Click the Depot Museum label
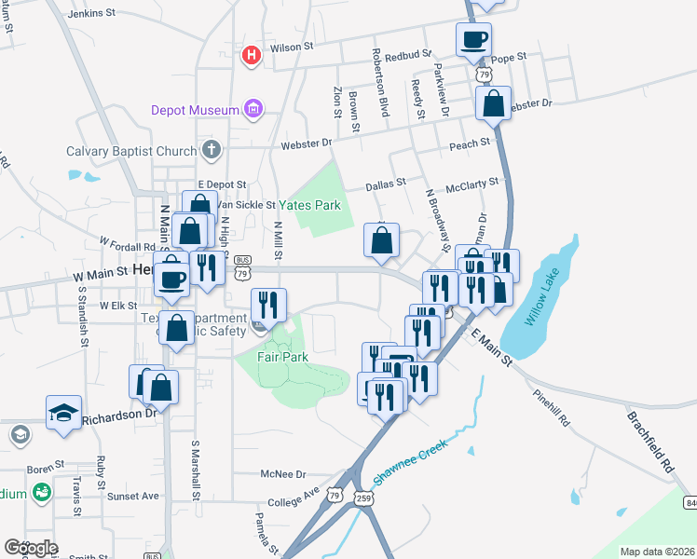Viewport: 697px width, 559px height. (196, 110)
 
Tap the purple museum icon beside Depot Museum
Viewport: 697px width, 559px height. (253, 110)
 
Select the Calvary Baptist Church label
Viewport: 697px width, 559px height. (131, 151)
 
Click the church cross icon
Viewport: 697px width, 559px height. (212, 150)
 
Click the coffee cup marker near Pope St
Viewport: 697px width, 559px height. (473, 40)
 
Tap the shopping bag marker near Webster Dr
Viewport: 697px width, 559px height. (493, 103)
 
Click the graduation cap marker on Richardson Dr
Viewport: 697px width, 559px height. (63, 412)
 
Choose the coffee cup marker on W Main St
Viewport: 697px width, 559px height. (172, 278)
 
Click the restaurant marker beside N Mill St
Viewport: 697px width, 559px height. (267, 304)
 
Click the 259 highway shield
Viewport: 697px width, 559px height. (362, 499)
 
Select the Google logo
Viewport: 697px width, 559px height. (31, 548)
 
